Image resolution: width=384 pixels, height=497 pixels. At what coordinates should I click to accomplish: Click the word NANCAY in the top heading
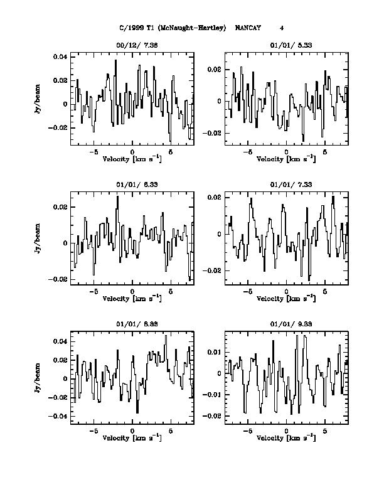(x=247, y=28)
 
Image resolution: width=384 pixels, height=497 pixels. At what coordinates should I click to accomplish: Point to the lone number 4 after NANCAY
(x=282, y=28)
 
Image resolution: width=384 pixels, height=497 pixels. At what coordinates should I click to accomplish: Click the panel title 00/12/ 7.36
(x=132, y=45)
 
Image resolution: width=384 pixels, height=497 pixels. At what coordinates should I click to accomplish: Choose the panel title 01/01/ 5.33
(x=287, y=45)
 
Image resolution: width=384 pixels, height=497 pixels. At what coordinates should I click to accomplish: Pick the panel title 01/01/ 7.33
(x=287, y=184)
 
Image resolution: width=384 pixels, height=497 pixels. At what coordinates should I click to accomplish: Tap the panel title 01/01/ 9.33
(x=287, y=324)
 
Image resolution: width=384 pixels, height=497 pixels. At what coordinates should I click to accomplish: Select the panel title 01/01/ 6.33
(x=132, y=184)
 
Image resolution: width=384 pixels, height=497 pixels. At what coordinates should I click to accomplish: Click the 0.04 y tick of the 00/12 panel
(x=60, y=57)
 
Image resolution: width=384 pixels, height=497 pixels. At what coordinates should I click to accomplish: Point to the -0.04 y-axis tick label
(x=58, y=416)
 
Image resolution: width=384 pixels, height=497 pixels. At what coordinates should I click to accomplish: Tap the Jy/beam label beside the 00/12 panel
(x=39, y=100)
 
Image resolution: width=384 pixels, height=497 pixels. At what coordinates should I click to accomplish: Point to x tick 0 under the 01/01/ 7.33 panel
(x=286, y=292)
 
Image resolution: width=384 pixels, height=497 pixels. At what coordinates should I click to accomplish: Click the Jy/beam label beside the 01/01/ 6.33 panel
(x=39, y=238)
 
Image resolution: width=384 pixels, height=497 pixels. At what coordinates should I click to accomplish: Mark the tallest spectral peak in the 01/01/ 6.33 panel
(x=117, y=196)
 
